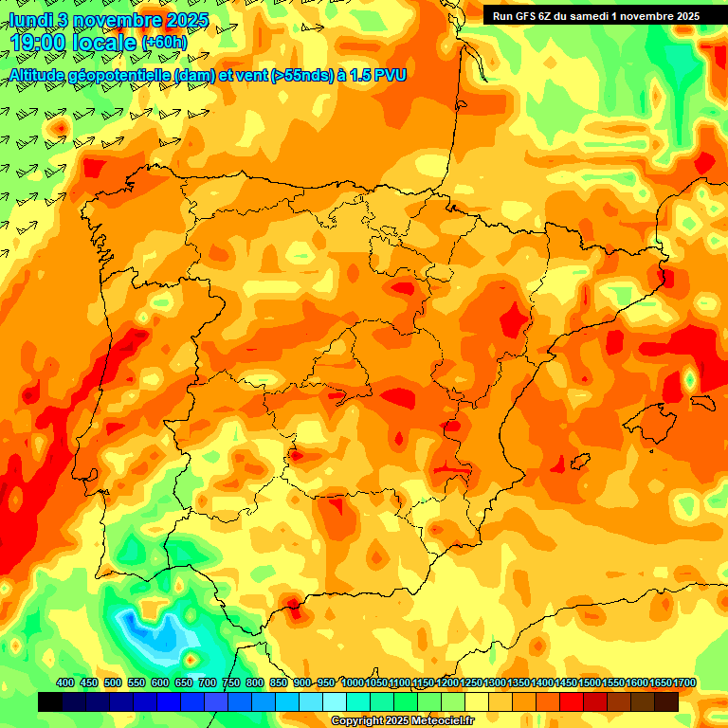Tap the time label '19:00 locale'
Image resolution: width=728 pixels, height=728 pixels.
(74, 43)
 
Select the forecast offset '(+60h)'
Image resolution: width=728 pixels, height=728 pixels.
(164, 43)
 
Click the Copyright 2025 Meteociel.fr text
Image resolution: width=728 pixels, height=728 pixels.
(404, 721)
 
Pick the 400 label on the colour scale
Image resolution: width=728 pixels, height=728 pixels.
(65, 683)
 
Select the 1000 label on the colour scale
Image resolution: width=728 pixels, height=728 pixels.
(353, 683)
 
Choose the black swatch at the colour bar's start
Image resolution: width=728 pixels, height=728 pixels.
(50, 702)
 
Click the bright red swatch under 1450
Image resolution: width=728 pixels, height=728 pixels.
(572, 702)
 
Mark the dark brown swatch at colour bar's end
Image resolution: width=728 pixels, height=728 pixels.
(666, 702)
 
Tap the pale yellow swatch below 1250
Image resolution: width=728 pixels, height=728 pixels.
(477, 702)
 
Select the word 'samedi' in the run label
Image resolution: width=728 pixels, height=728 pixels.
(595, 16)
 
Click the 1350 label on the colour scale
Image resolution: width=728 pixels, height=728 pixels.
(519, 683)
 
